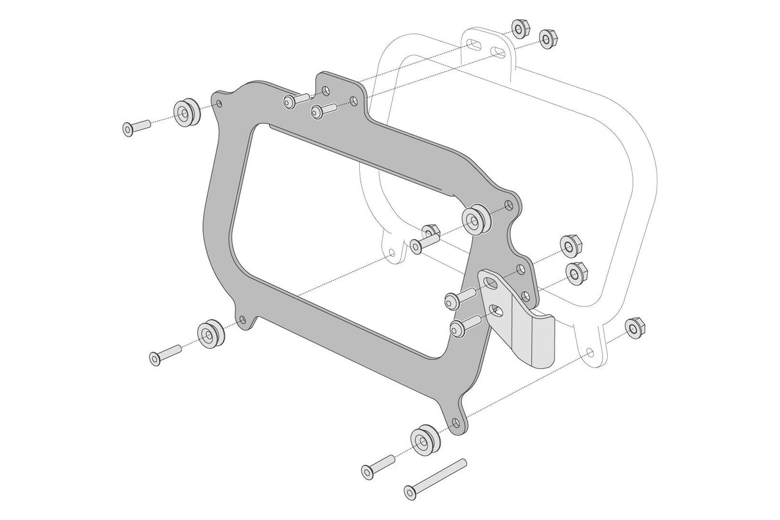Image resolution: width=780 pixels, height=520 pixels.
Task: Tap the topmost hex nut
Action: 519,29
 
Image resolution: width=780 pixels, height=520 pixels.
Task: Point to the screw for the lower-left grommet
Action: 166,355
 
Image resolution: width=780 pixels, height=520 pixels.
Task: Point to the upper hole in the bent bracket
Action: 492,283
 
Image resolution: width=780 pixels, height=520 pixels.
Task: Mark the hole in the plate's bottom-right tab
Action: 456,423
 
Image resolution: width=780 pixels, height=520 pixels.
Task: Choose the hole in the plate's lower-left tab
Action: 242,319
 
